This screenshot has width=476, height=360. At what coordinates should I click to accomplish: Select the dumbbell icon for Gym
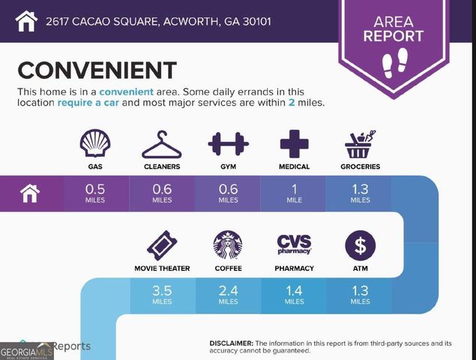[229, 144]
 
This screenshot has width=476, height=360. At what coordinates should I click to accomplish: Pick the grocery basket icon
[360, 144]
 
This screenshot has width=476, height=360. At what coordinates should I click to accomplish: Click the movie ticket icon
[161, 245]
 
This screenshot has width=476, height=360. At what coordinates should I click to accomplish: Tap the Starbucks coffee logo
[228, 245]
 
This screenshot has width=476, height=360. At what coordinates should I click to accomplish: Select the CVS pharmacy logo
[295, 244]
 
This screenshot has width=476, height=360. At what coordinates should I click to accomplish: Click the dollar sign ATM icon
[360, 245]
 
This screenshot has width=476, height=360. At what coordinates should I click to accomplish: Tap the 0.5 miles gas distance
[96, 193]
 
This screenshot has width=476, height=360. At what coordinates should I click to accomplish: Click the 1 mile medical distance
[295, 193]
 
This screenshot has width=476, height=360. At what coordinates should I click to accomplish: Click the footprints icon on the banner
[393, 59]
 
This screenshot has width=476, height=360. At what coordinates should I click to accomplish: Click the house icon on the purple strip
[29, 193]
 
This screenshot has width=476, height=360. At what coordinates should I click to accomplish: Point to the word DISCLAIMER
[232, 342]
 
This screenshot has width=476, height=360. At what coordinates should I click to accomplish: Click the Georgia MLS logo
[27, 351]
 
